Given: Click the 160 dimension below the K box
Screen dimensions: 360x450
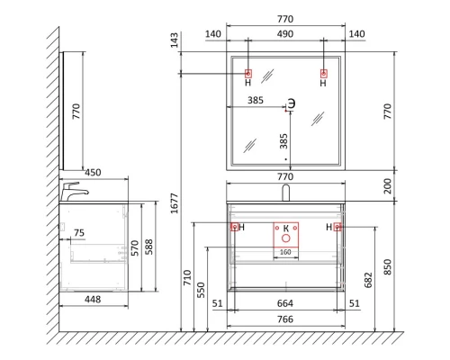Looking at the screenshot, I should (x=285, y=253).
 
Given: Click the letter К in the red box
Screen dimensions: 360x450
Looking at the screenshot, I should (x=285, y=229).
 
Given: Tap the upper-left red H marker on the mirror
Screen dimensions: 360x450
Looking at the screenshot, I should (x=248, y=73).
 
